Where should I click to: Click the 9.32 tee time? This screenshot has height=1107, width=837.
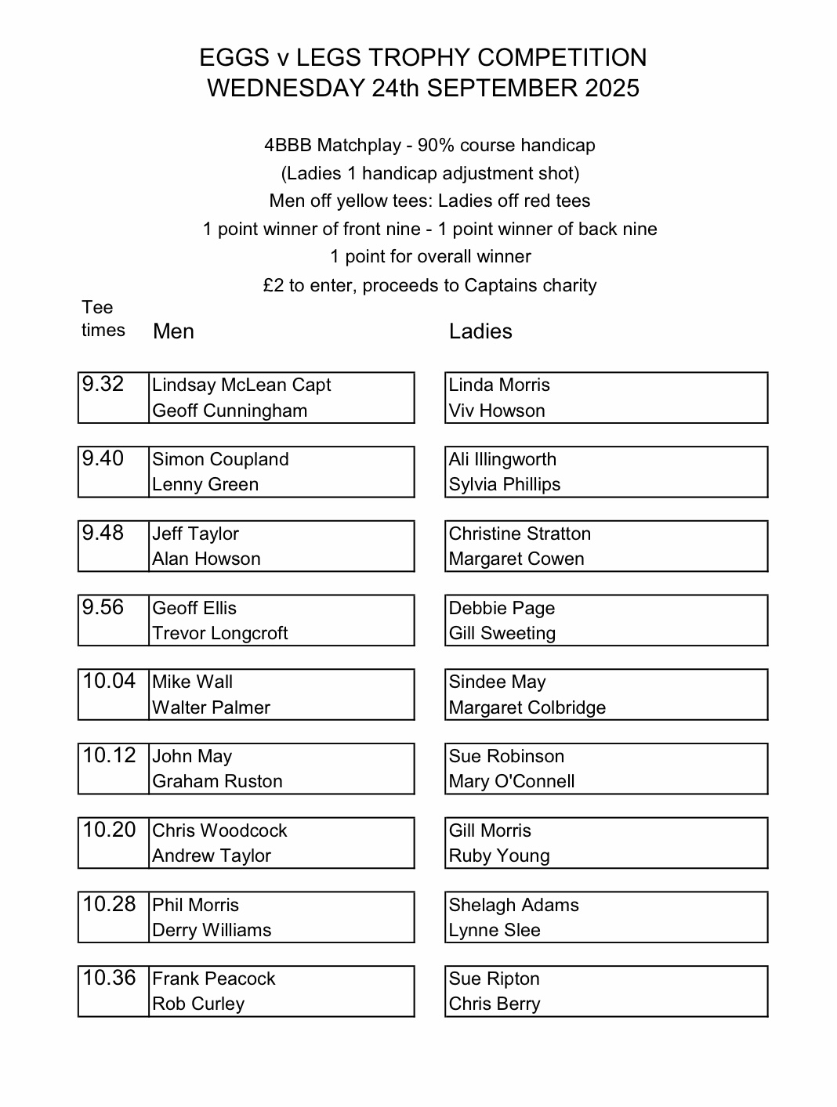[x=103, y=384]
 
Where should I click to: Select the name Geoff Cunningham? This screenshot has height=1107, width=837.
[x=230, y=411]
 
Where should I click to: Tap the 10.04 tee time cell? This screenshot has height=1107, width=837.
[x=109, y=681]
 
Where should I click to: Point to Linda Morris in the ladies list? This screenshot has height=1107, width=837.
[x=499, y=385]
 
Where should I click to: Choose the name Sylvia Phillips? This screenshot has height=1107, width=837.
[x=505, y=484]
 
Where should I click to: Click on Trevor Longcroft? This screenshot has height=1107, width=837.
[x=220, y=633]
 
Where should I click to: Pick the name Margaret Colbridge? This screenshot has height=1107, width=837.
[x=527, y=707]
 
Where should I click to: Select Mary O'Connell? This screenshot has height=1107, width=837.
[x=512, y=781]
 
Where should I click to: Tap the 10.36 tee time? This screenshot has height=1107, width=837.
[x=109, y=978]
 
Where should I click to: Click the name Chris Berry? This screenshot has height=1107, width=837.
[x=495, y=1004]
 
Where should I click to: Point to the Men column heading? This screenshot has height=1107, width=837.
[x=173, y=331]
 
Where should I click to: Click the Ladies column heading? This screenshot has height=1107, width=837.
[x=480, y=331]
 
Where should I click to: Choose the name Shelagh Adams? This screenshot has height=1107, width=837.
[x=514, y=905]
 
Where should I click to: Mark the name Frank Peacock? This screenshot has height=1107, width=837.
[x=214, y=979]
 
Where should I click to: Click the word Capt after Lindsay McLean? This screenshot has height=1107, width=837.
[x=311, y=385]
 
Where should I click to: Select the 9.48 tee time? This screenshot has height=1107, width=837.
[x=103, y=533]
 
